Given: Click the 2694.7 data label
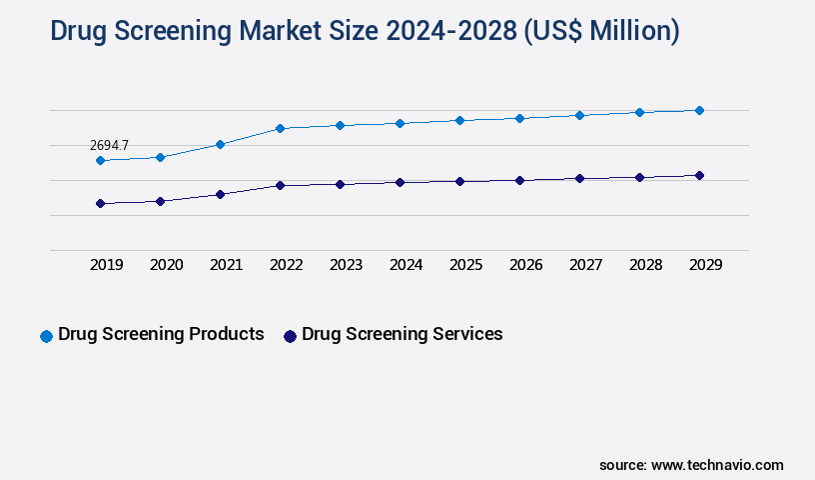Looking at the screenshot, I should tap(109, 145).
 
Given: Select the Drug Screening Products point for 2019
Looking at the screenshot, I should tap(100, 160).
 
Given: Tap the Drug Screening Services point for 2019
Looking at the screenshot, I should tap(100, 203).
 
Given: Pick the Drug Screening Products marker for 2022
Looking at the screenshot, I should tap(280, 128).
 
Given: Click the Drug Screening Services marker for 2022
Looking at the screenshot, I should tap(280, 185).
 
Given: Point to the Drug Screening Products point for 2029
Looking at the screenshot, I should tap(699, 110).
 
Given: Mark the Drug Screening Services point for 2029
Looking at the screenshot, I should tap(699, 175).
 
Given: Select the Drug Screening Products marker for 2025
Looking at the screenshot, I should tap(459, 120).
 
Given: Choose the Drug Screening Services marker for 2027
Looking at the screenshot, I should tap(579, 178).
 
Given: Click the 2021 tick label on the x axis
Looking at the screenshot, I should tap(226, 265).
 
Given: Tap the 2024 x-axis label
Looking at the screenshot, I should tap(406, 265).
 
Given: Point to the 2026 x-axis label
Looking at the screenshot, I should tap(525, 265).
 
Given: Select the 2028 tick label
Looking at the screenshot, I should tap(645, 265).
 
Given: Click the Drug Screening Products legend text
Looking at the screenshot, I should tap(161, 334).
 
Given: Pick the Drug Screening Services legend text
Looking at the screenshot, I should tap(402, 334).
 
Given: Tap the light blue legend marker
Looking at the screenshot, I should tap(46, 336).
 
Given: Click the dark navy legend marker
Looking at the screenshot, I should tap(290, 336).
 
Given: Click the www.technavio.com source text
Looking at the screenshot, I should tap(717, 465).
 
